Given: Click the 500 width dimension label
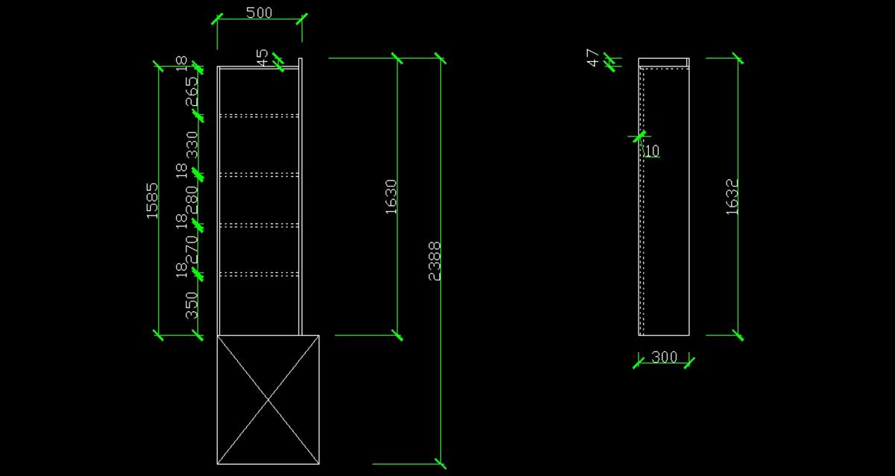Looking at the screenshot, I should (x=259, y=13).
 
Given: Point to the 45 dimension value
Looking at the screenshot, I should (x=262, y=57).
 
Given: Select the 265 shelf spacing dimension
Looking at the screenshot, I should (x=192, y=92).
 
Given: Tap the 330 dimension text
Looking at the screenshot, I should (x=192, y=144).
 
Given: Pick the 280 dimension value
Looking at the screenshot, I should (x=192, y=199).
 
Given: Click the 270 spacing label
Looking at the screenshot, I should (x=192, y=248).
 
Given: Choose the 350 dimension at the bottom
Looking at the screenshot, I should (x=192, y=305).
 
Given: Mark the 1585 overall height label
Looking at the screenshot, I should (x=152, y=200).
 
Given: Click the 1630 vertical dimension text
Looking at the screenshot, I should (x=391, y=196).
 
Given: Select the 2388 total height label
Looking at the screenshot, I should (x=435, y=261).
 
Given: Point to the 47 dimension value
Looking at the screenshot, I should (x=593, y=58).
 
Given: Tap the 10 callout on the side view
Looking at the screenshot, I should (x=652, y=151).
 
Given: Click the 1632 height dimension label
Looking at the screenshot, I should (x=732, y=197).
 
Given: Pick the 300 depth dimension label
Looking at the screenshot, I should (x=664, y=357).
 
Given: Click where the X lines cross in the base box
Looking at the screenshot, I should (x=268, y=399).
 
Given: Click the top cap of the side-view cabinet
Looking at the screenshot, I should (x=664, y=62).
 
